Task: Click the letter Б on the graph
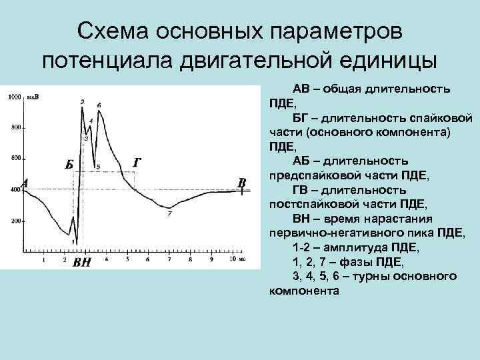69,165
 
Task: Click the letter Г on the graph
136,162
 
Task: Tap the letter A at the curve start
25,183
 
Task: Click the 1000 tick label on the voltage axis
14,98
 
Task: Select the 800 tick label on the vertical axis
16,127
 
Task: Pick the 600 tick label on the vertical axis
16,159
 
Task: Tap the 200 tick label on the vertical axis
16,221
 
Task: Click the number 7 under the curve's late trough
169,214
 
